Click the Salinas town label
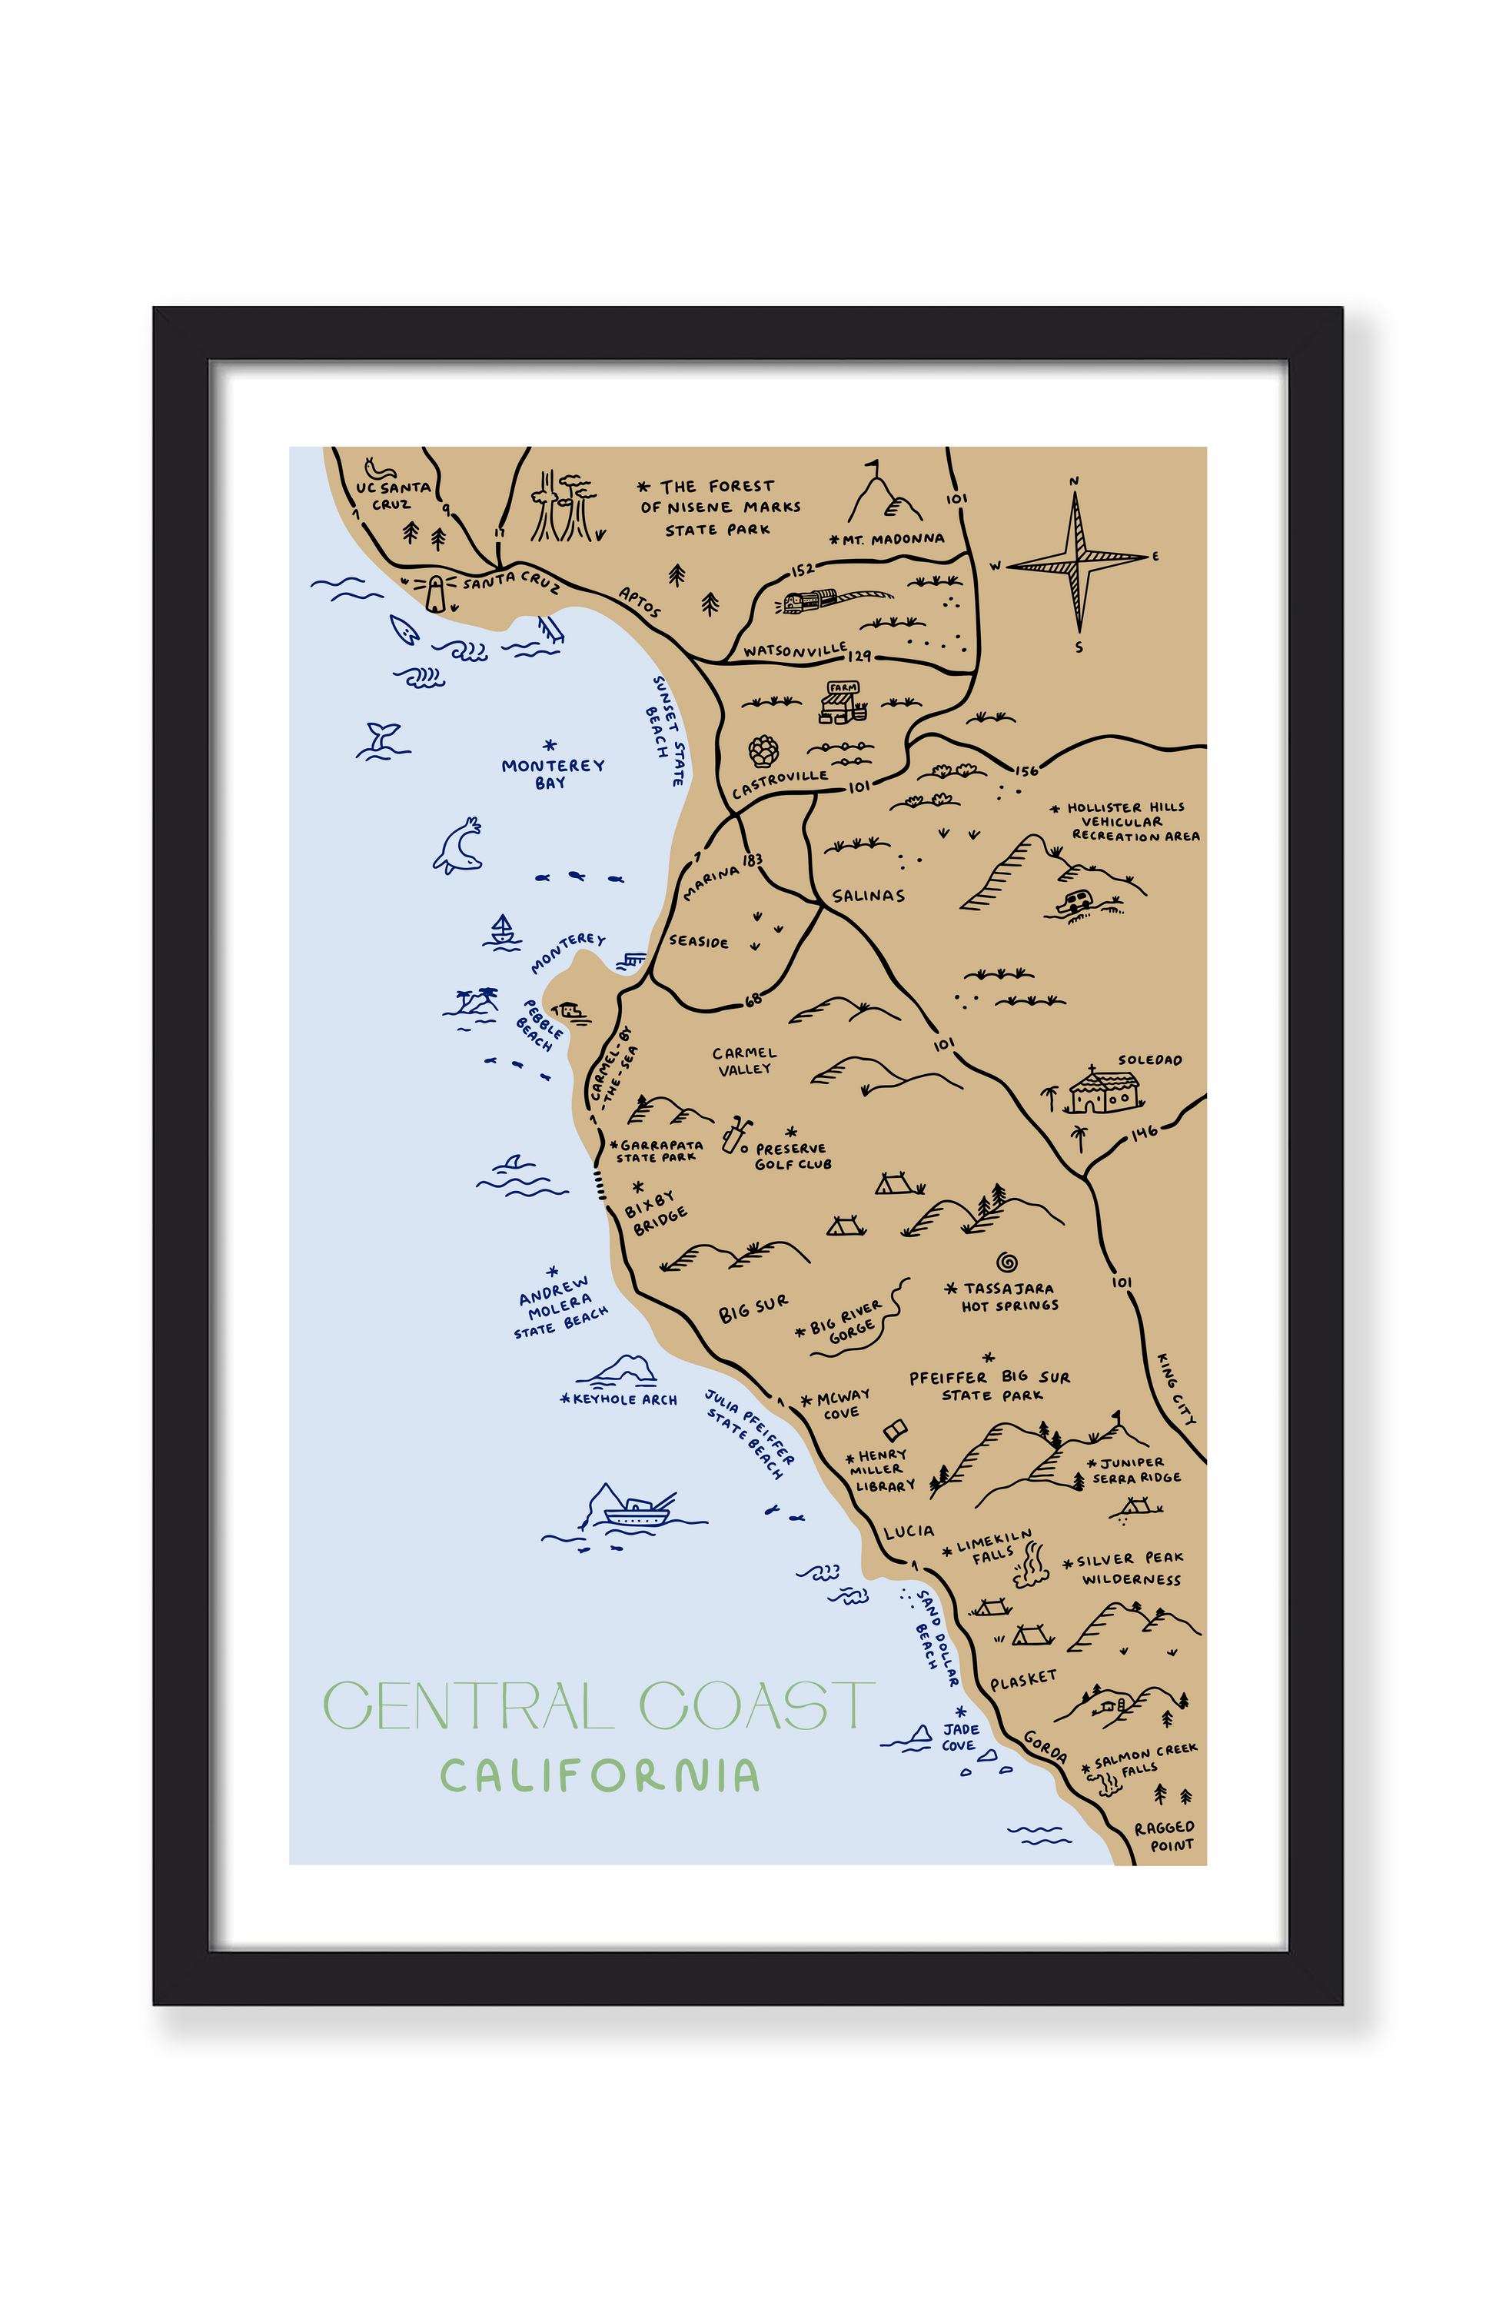click(867, 896)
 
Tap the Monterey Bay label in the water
click(552, 773)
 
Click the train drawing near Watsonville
click(811, 600)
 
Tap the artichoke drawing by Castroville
click(763, 751)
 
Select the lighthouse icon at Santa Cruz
click(436, 593)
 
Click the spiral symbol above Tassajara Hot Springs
click(1006, 1262)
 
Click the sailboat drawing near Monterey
click(501, 930)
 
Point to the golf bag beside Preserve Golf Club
click(736, 1133)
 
